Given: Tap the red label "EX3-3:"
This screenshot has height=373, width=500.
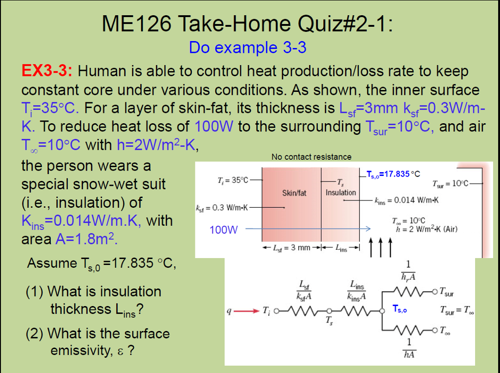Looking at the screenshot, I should coord(47,71).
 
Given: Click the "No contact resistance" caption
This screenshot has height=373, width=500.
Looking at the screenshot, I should coord(311,157).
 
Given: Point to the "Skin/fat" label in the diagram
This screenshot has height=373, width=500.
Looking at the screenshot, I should coord(294,193).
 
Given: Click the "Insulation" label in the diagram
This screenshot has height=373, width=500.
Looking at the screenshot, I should coord(341,192).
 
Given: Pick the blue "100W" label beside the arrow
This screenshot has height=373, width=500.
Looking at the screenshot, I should coord(224,229).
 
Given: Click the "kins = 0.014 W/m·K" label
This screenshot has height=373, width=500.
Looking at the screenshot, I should coord(406,200).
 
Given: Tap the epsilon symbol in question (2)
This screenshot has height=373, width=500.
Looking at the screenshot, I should coord(119,351).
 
